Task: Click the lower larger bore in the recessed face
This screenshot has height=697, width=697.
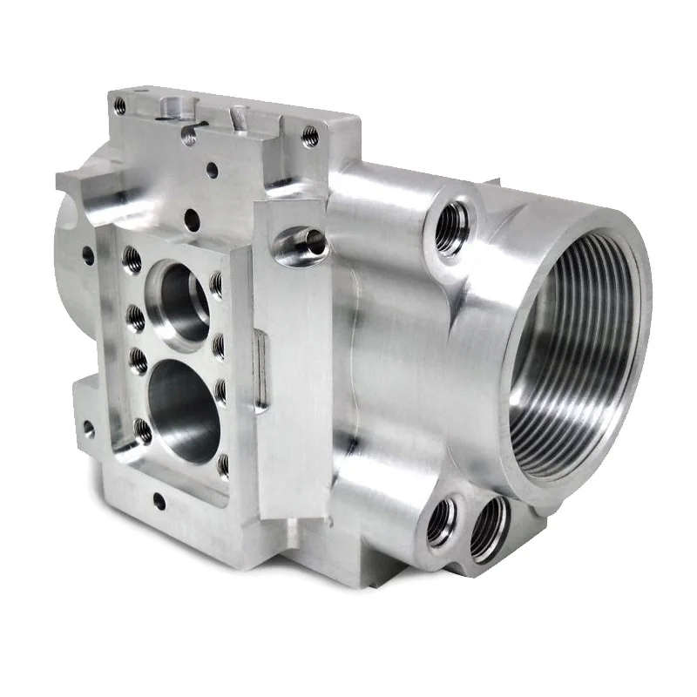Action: pyautogui.click(x=183, y=403)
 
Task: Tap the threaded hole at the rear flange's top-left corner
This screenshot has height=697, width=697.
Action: pyautogui.click(x=120, y=106)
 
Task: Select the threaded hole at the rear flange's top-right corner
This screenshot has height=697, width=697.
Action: pyautogui.click(x=309, y=136)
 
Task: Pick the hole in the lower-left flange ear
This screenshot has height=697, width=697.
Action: pyautogui.click(x=88, y=429)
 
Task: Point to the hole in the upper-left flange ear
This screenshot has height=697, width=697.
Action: pyautogui.click(x=87, y=255)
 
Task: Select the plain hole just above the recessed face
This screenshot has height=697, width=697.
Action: pyautogui.click(x=193, y=220)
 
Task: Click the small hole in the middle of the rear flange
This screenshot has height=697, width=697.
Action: pyautogui.click(x=212, y=169)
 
